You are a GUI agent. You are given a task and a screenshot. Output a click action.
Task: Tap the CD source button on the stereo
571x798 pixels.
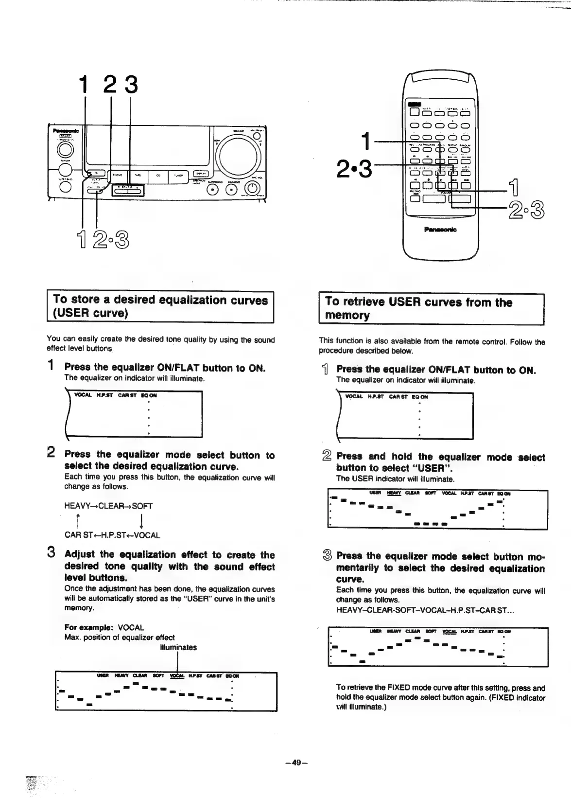(x=158, y=177)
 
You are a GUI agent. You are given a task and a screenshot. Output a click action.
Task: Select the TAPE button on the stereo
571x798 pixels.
(x=138, y=177)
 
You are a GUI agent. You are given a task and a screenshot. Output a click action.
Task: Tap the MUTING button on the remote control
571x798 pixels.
(x=415, y=198)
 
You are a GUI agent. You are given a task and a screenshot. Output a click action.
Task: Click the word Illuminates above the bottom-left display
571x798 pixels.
(x=178, y=647)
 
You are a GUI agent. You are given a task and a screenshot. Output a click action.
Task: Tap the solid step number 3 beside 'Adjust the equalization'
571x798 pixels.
(x=51, y=553)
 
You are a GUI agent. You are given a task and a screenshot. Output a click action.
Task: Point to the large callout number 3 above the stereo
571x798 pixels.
(x=130, y=84)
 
